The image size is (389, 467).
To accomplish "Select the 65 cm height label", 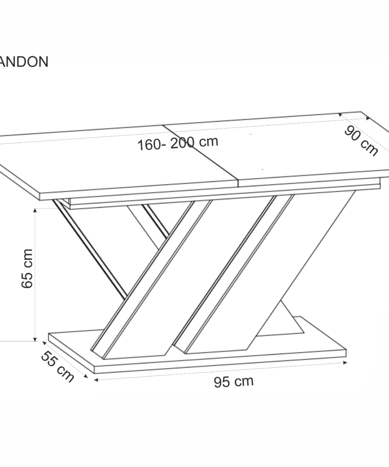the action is click(27, 269).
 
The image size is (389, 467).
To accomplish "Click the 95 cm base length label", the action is click(233, 381).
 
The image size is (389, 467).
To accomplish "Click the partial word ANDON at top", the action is click(23, 62).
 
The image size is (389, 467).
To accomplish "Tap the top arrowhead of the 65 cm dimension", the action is click(35, 211).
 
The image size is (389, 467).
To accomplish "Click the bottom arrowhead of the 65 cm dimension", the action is click(35, 339).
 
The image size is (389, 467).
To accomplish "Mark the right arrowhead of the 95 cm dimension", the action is click(345, 362).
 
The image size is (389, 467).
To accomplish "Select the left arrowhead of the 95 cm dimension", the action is click(96, 380).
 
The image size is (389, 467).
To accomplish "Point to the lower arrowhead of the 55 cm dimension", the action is click(86, 376).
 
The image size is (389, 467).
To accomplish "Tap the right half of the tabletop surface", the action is click(298, 149).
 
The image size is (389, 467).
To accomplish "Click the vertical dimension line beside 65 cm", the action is click(35, 274).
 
